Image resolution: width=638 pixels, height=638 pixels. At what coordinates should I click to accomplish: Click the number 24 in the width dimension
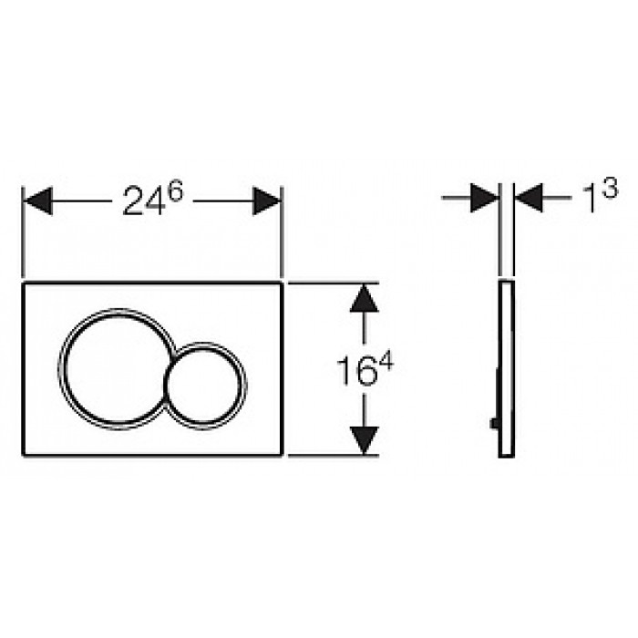(x=144, y=201)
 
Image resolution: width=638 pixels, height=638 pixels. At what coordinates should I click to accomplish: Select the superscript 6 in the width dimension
(x=176, y=190)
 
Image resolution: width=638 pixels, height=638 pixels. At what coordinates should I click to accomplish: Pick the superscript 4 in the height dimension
(x=386, y=361)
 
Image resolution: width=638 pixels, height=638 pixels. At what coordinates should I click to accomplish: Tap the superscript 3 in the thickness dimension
(x=611, y=188)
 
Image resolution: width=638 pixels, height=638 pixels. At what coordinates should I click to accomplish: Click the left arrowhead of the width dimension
(x=38, y=201)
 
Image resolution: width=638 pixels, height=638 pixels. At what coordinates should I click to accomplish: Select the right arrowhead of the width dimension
(x=266, y=201)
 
